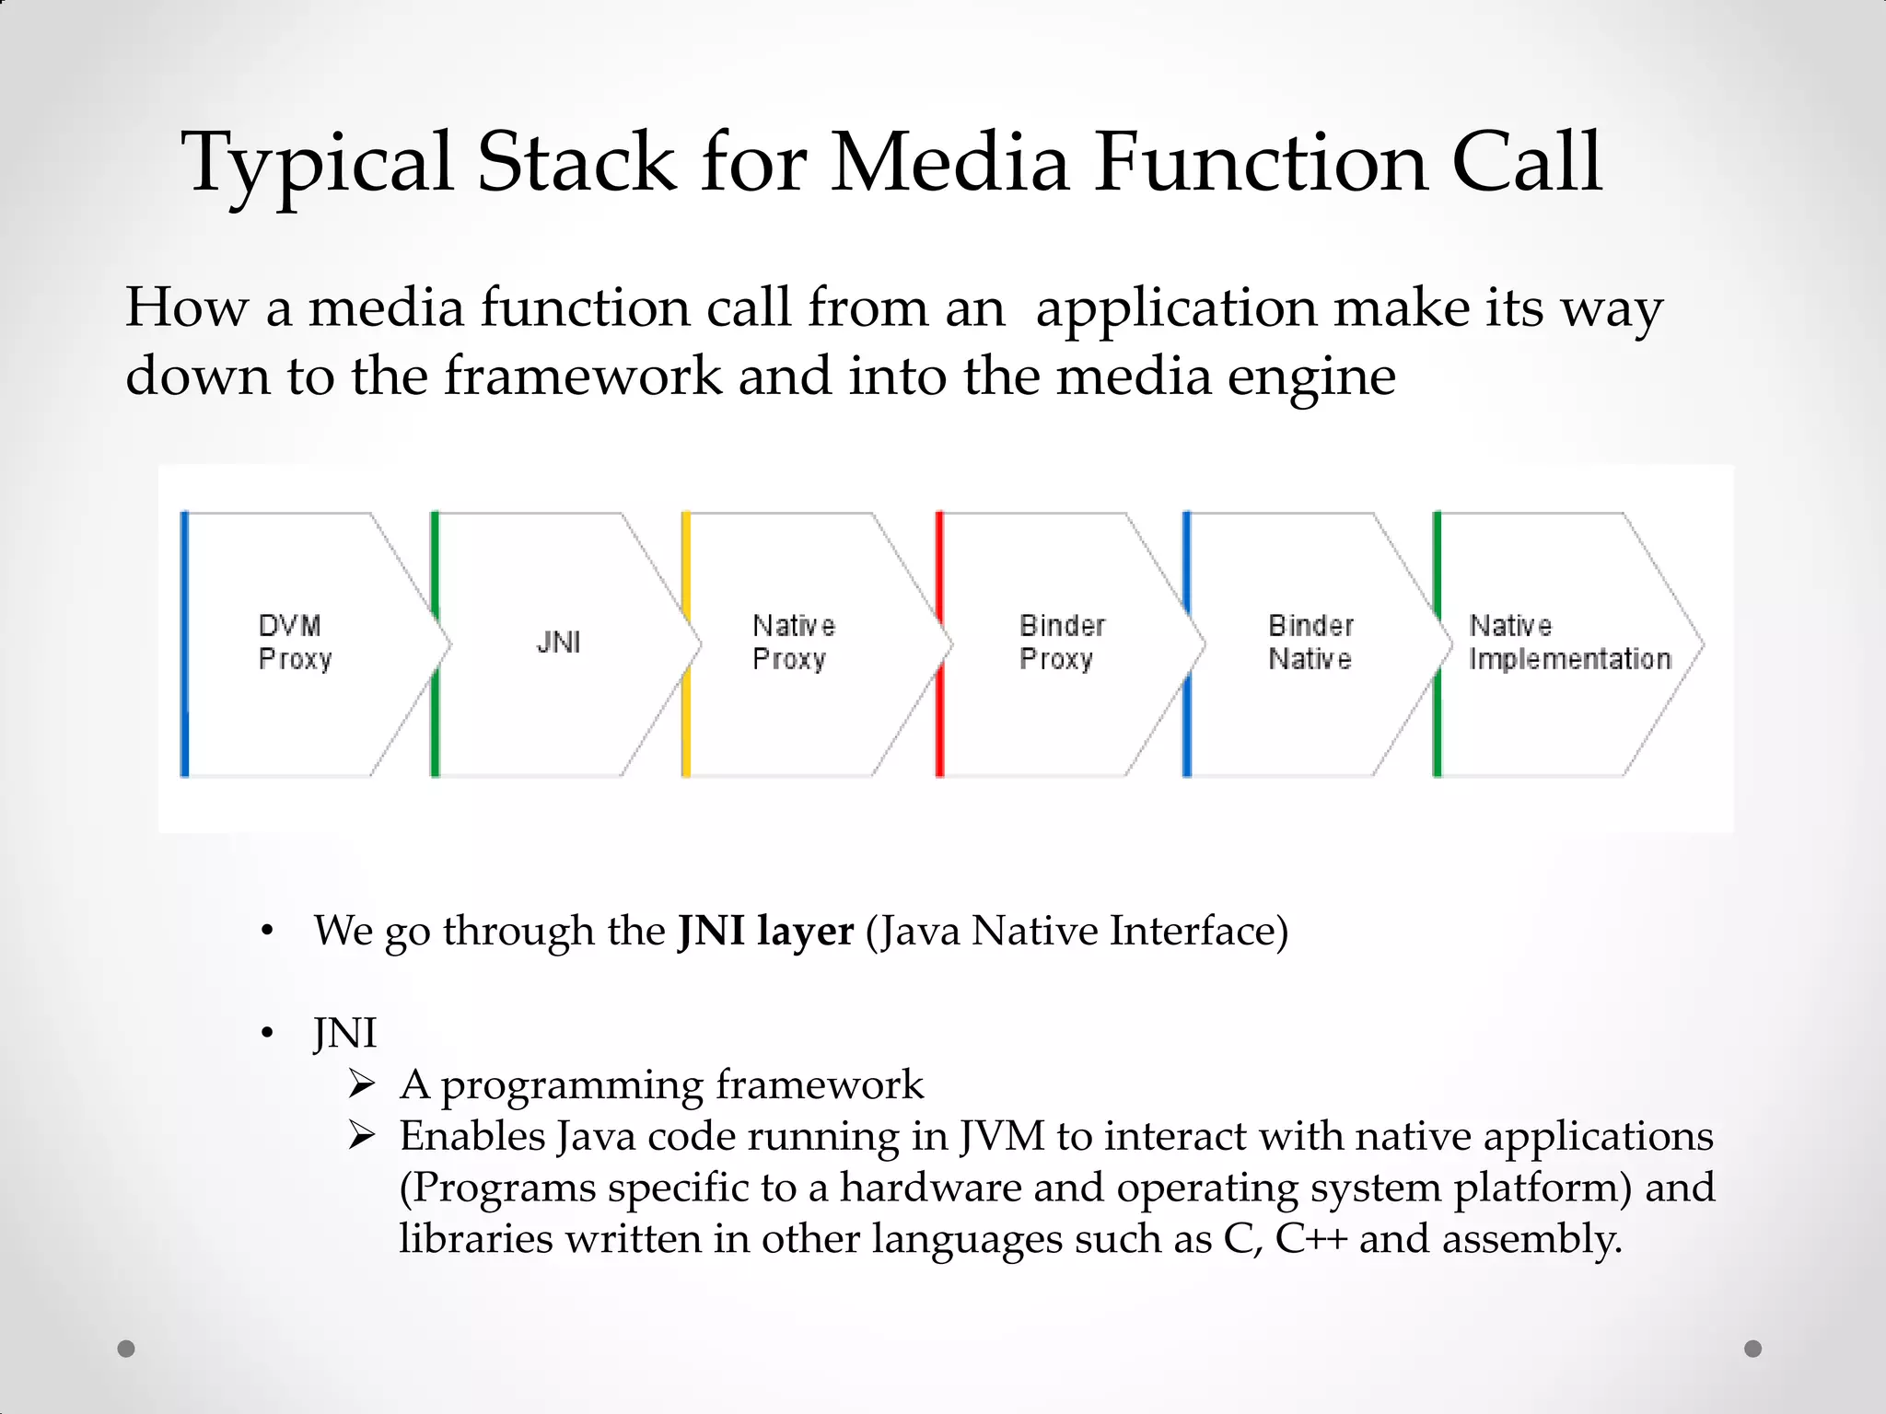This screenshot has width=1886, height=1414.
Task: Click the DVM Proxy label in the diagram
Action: [x=294, y=643]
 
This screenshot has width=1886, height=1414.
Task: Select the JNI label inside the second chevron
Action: [x=558, y=643]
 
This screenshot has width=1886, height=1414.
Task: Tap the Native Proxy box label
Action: [x=793, y=643]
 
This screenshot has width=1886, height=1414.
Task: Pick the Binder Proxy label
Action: [x=1061, y=643]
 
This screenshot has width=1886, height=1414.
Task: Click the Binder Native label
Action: [x=1310, y=643]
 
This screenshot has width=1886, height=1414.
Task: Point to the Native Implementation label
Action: [x=1569, y=643]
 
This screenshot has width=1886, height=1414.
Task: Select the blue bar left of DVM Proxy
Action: [x=185, y=644]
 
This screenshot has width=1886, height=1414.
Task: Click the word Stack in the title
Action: [x=576, y=163]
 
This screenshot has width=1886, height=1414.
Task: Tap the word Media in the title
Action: [x=949, y=163]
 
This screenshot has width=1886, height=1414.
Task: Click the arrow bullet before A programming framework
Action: [x=362, y=1085]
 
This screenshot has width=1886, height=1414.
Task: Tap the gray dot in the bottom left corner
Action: [x=126, y=1349]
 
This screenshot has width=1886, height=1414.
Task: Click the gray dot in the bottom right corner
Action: [x=1753, y=1349]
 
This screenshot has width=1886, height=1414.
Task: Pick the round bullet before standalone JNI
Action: [x=267, y=1035]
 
